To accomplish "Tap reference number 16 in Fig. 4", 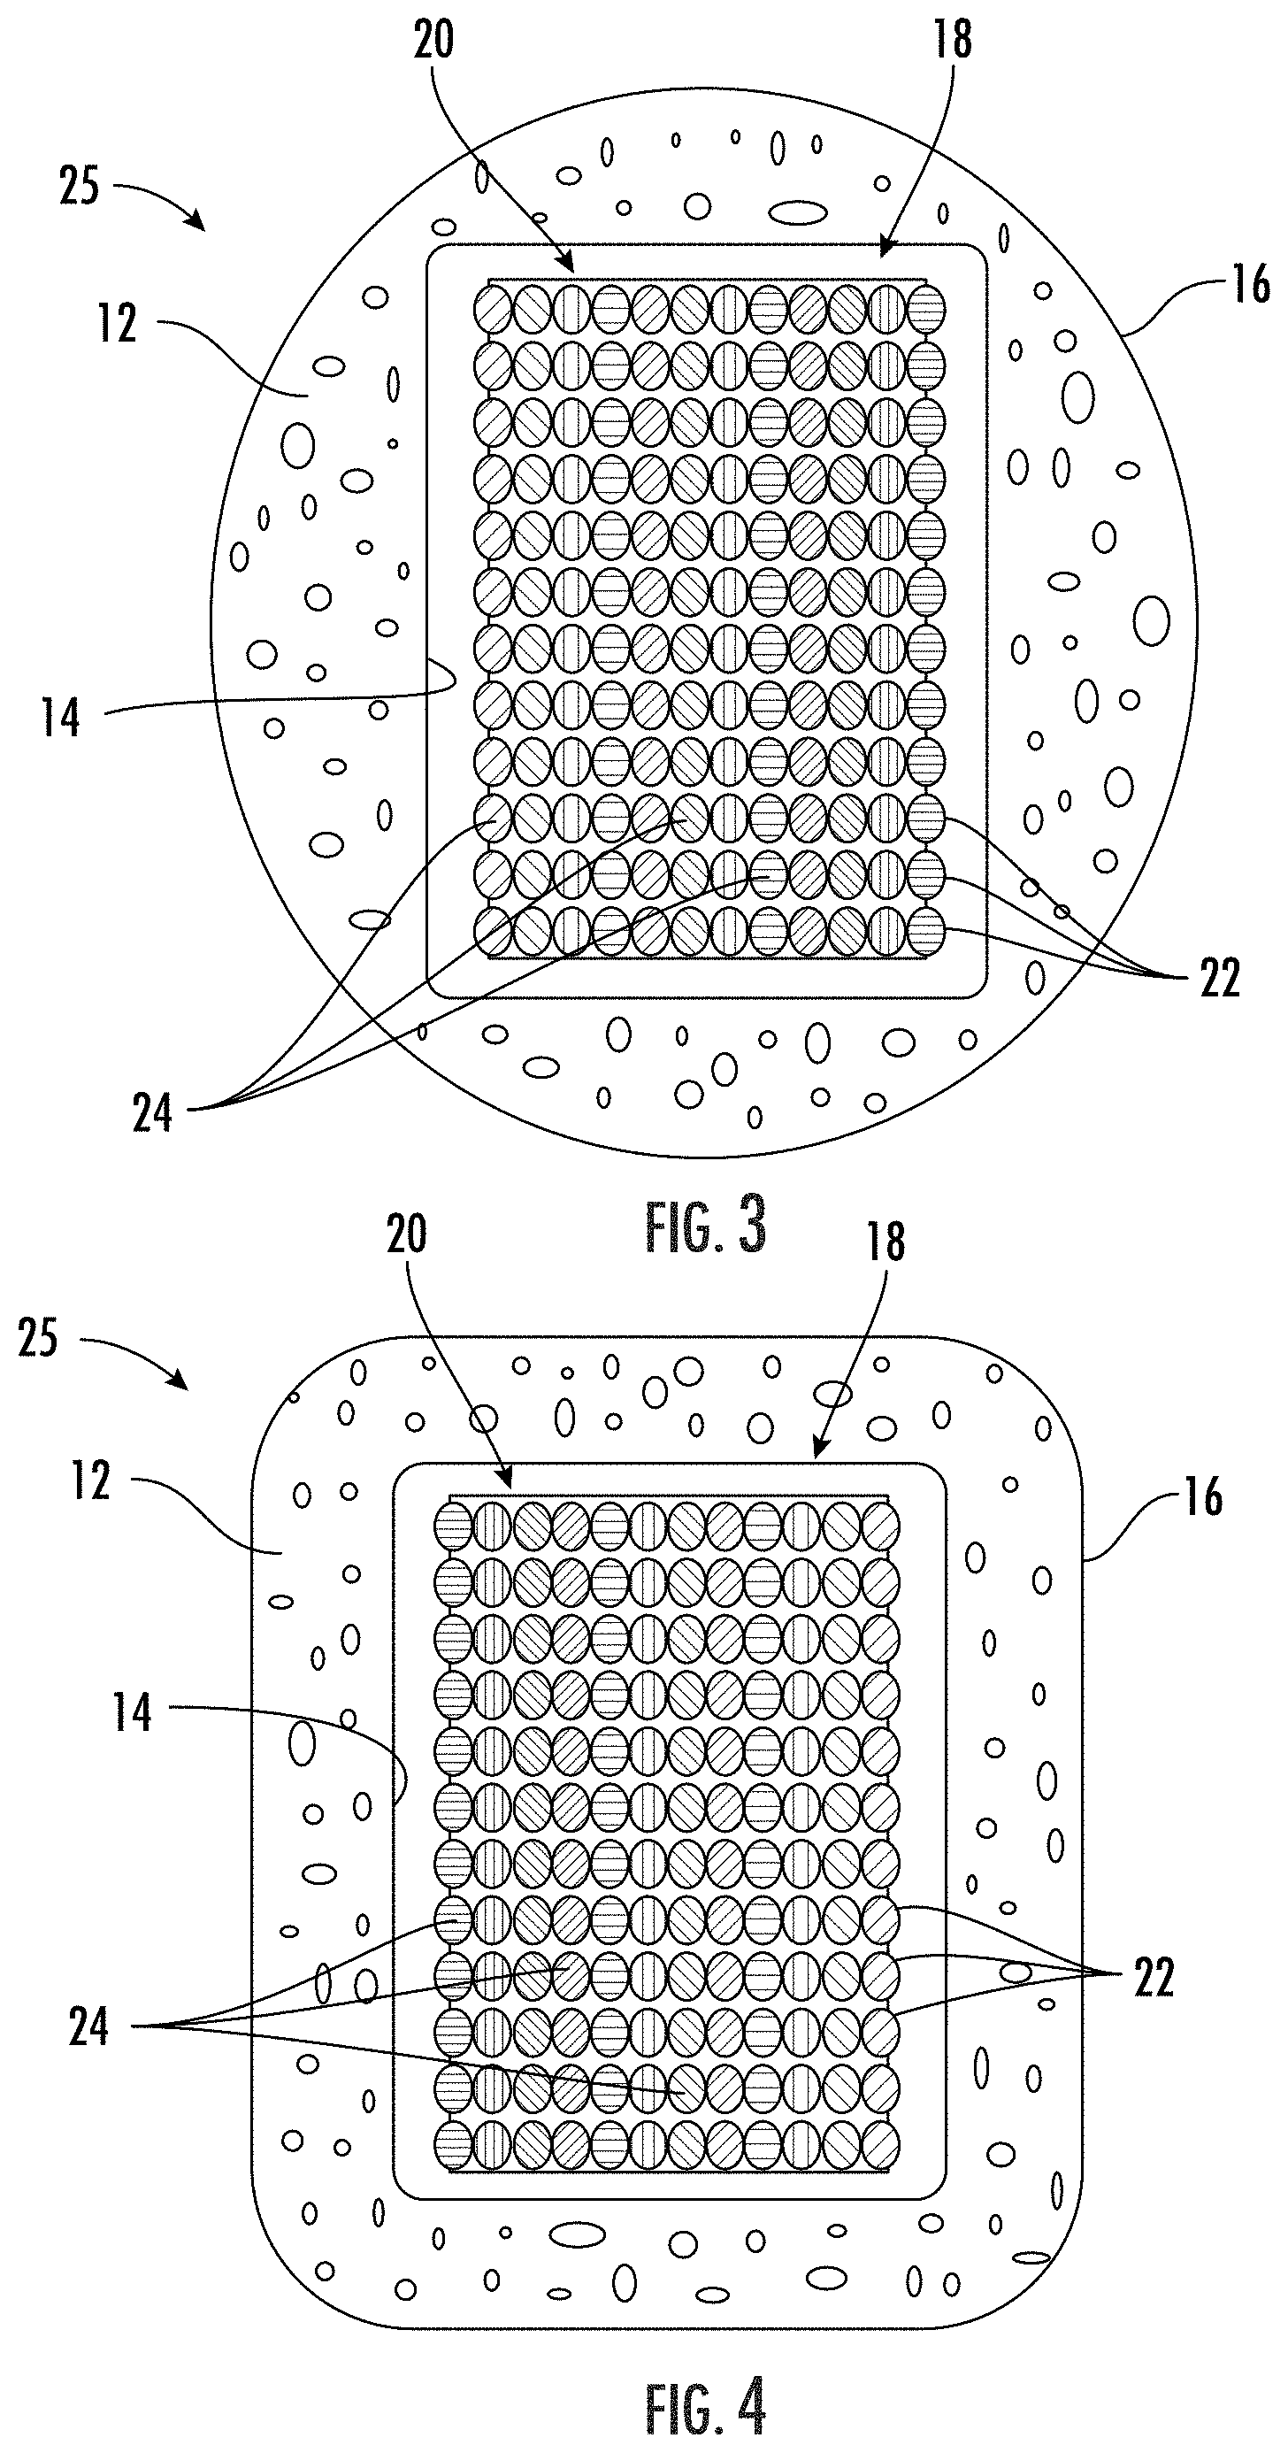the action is point(1202,1496).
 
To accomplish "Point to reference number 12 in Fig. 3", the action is point(117,323).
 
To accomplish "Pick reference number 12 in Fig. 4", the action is point(91,1480).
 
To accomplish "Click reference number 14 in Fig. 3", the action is point(61,717).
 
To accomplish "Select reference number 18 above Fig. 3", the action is point(952,40).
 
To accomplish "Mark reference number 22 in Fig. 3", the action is point(1220,978).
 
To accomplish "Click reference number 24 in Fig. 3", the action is point(152,1112).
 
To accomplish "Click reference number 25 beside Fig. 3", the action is point(78,186).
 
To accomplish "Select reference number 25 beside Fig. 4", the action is point(38,1338).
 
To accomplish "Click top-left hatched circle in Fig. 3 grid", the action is point(493,306).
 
